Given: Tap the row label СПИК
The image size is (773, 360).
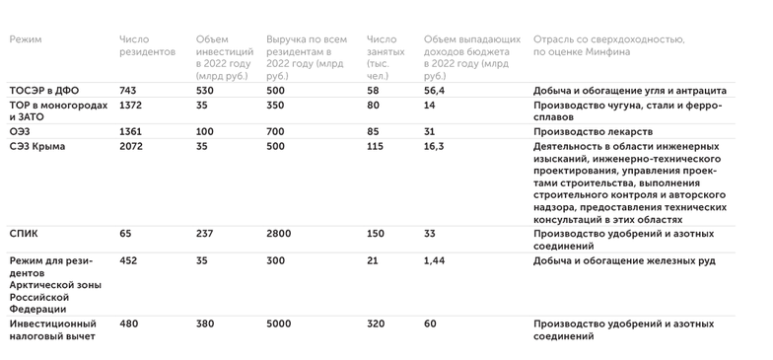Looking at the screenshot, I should pos(26,233).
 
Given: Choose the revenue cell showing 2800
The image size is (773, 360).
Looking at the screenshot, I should pos(280,233).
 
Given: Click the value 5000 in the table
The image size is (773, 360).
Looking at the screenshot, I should pos(280,323).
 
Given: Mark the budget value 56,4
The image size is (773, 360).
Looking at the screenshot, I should pos(434,90).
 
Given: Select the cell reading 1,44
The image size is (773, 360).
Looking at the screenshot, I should pos(435,261).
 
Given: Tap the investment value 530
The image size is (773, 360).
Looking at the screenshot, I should pos(206,90).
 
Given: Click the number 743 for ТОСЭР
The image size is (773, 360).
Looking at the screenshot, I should pos(127,90).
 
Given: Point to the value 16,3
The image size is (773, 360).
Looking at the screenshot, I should pos(434,146).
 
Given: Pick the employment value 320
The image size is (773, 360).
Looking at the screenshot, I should pos(376,323).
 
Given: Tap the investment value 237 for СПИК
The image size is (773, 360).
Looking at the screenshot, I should pos(206,233).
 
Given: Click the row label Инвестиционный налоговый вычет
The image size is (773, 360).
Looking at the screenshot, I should pos(51,329).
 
